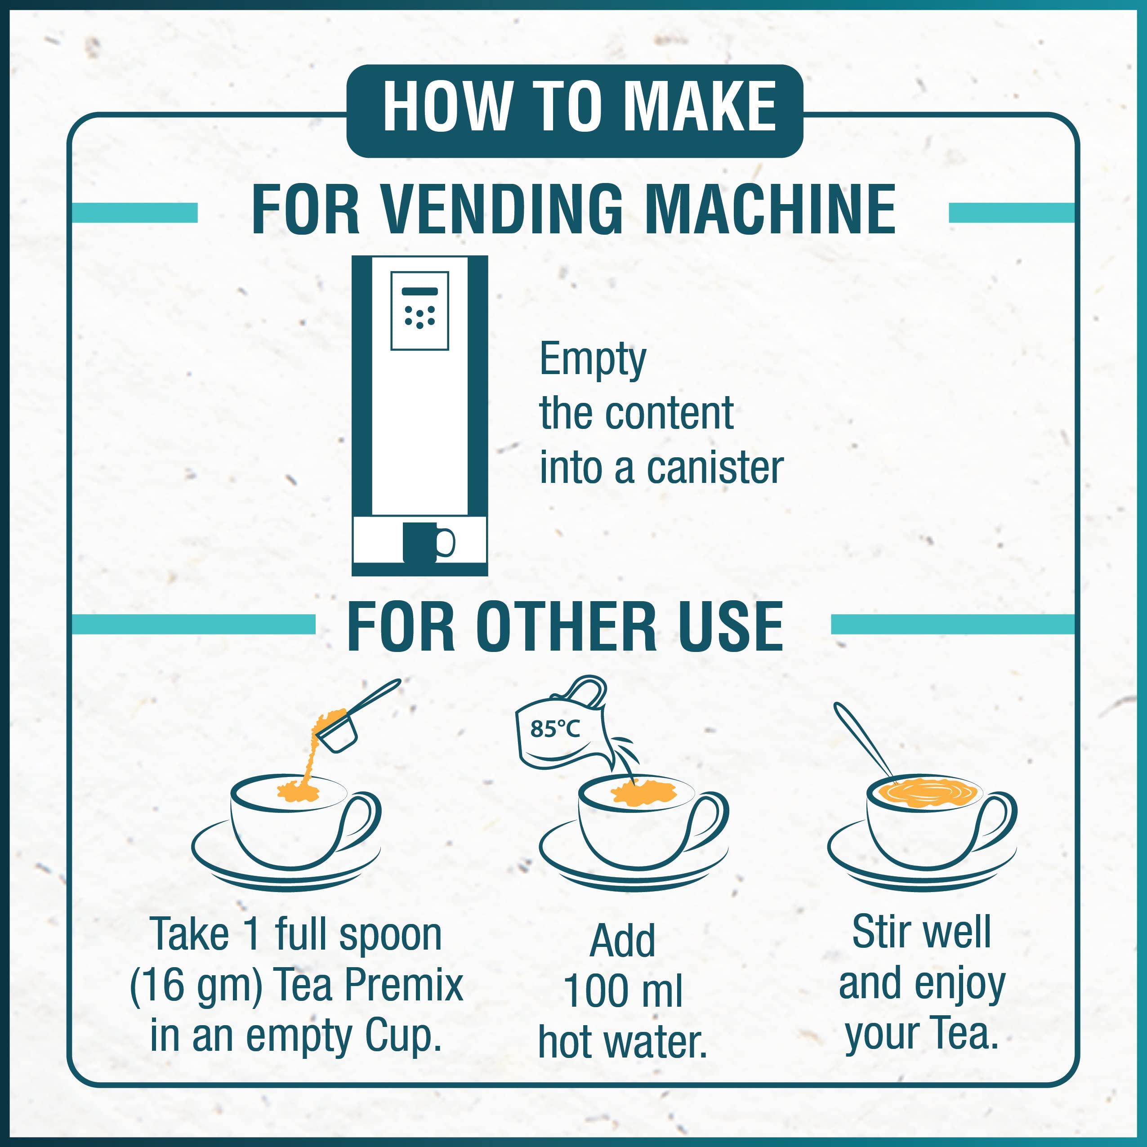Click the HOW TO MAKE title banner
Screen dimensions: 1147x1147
[574, 111]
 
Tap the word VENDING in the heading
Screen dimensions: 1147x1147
[501, 210]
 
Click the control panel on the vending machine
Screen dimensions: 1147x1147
[419, 311]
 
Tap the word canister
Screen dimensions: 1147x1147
[715, 469]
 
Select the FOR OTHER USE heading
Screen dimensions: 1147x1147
[565, 626]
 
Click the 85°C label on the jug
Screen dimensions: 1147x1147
[554, 728]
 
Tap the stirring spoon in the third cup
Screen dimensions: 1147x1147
[866, 741]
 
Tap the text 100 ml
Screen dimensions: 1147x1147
[623, 991]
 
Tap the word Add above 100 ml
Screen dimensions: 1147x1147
[622, 941]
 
